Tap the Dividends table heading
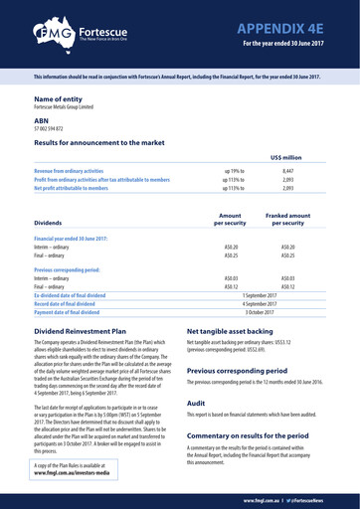tap(54, 224)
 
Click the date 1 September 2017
tap(260, 296)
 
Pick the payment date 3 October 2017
tap(260, 312)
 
